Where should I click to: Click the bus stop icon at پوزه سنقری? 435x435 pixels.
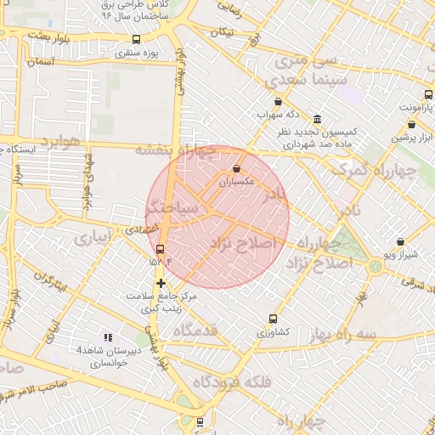click(x=136, y=39)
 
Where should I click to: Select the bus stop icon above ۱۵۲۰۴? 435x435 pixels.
click(x=161, y=249)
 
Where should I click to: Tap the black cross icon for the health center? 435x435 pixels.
click(x=161, y=282)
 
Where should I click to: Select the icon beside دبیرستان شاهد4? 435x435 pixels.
click(x=107, y=338)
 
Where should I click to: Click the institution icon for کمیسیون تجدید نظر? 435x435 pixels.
click(x=318, y=119)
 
